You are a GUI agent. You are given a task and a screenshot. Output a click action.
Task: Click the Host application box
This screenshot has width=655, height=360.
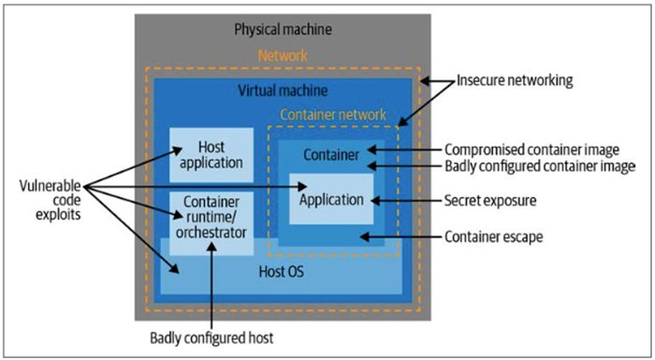(211, 155)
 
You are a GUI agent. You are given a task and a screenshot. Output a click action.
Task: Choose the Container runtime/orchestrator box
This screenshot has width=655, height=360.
(211, 217)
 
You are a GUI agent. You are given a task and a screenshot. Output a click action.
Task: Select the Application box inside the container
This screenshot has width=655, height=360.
(330, 199)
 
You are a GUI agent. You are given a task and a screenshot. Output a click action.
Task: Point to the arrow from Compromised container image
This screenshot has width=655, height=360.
(403, 150)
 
